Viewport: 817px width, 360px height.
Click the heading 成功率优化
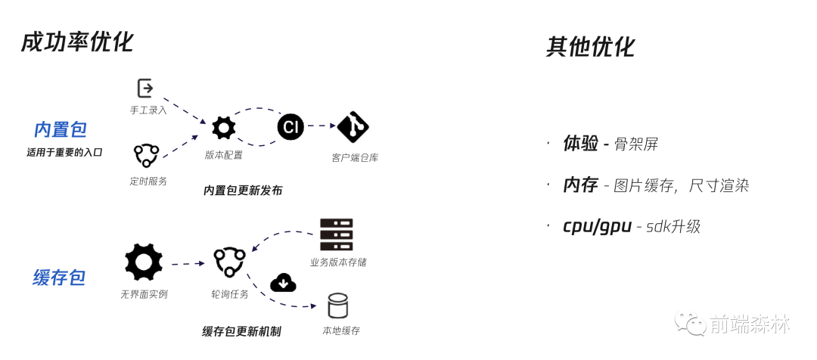[x=77, y=42]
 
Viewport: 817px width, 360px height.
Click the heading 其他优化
[x=590, y=47]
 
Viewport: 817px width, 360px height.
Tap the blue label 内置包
[x=61, y=129]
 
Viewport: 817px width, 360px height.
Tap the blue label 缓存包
[x=59, y=278]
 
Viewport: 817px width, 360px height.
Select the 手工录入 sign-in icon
[x=145, y=88]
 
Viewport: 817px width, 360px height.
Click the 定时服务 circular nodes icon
[x=146, y=156]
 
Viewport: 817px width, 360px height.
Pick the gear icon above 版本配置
[x=223, y=128]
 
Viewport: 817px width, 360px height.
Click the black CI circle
[x=290, y=126]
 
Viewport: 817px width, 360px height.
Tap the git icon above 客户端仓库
[x=353, y=127]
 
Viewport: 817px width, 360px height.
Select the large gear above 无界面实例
[x=144, y=262]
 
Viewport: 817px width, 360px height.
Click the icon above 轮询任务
[x=229, y=262]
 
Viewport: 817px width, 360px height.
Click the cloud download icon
[x=283, y=283]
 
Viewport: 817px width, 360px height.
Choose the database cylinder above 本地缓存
[x=337, y=306]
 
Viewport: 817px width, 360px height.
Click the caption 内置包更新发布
[x=243, y=191]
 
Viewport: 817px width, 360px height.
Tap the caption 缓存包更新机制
[x=241, y=331]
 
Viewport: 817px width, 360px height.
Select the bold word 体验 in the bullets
[x=580, y=144]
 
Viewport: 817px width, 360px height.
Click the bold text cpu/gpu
[x=597, y=225]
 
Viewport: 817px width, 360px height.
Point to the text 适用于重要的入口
[x=64, y=152]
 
